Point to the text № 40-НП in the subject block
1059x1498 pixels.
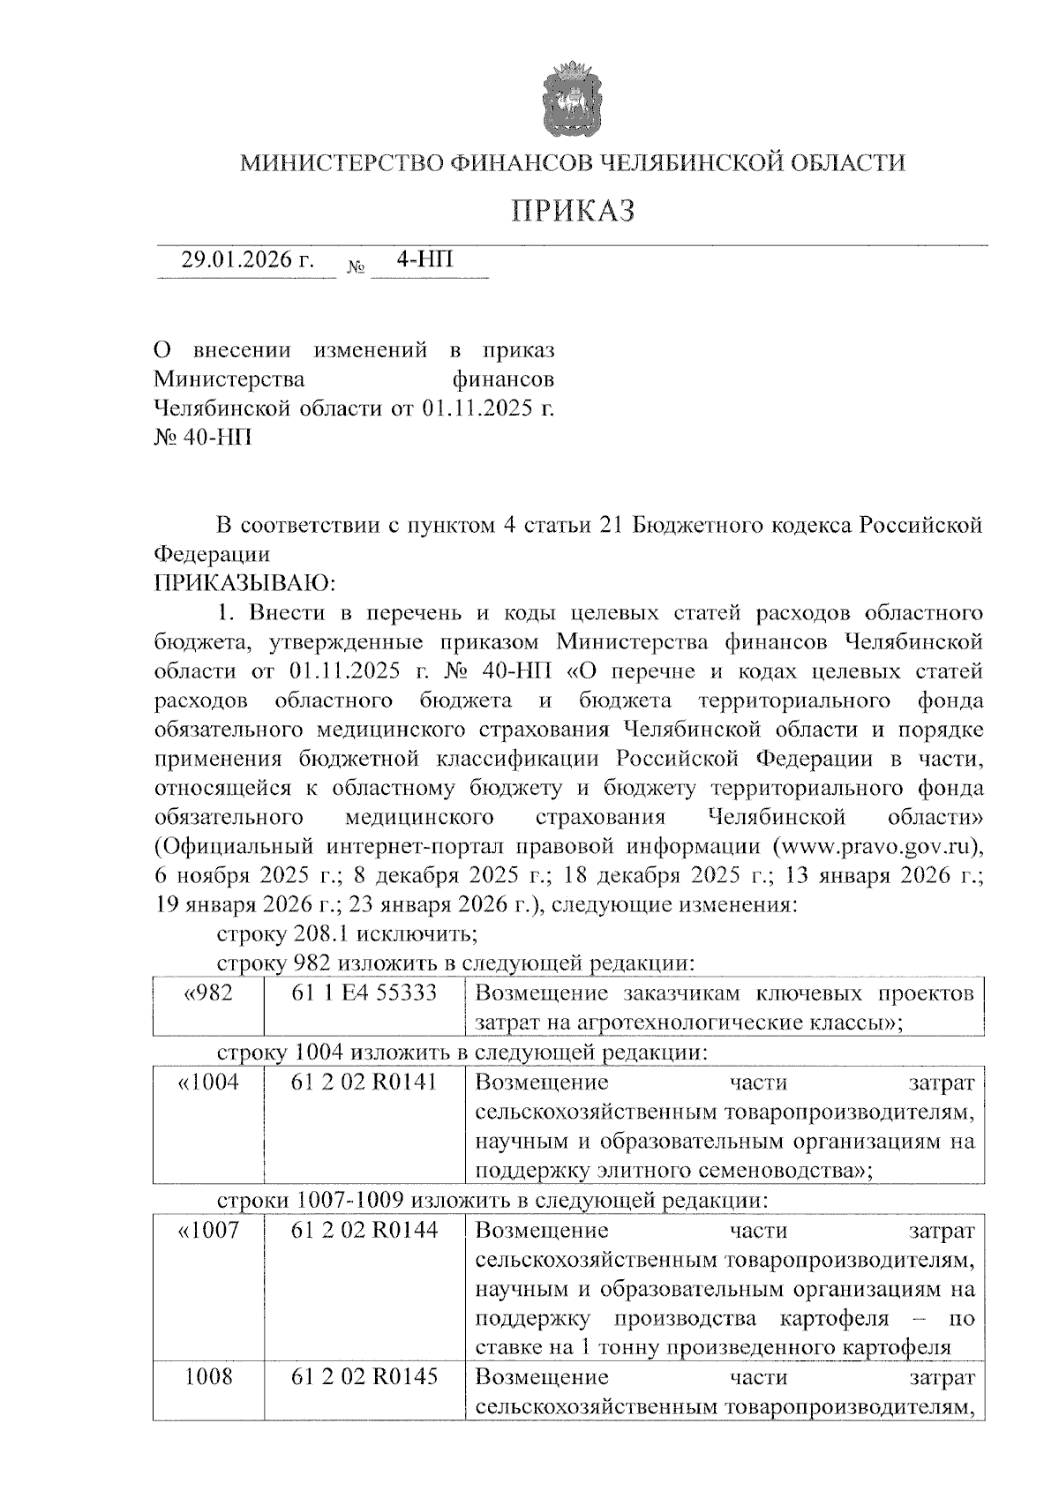coord(202,437)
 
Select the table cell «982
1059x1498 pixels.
coord(208,992)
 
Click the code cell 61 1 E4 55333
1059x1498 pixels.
coord(364,992)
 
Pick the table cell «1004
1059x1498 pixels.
coord(208,1082)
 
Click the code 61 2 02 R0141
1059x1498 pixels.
coord(364,1082)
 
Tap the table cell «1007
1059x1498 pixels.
coord(208,1230)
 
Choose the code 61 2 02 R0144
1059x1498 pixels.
coord(364,1230)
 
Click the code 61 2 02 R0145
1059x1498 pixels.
coord(364,1376)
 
